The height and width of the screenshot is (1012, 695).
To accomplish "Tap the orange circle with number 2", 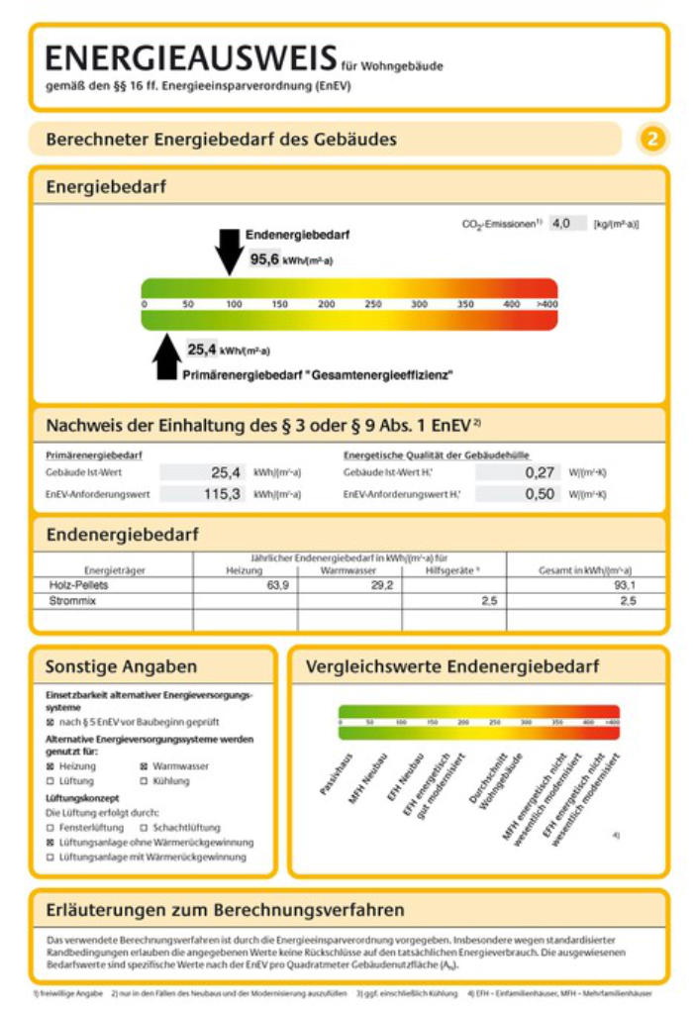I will [x=650, y=139].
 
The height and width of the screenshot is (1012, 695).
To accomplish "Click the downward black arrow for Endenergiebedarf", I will [x=228, y=251].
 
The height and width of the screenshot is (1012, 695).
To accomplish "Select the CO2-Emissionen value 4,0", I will [x=561, y=224].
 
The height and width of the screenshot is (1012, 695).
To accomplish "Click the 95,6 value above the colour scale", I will [x=264, y=259].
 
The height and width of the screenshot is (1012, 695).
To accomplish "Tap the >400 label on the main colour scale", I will [x=546, y=304].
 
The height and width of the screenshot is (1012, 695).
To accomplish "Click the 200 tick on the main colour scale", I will [x=326, y=304].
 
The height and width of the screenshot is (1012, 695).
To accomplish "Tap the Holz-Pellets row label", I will [x=78, y=585].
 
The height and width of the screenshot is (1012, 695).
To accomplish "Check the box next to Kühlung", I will [x=146, y=781].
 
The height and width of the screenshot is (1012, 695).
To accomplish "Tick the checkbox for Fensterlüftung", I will [x=50, y=827].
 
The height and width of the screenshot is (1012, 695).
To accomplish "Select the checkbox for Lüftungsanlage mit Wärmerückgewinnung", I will [x=50, y=857].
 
